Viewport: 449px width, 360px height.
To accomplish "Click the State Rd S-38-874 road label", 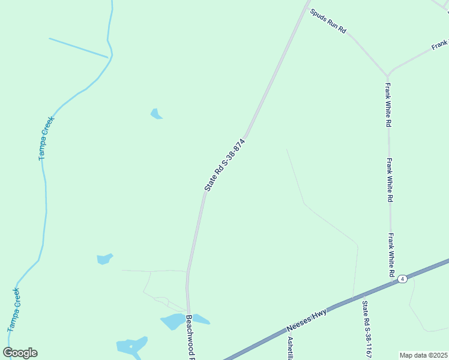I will (x=225, y=165).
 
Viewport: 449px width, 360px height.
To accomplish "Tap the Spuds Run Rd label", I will (x=328, y=21).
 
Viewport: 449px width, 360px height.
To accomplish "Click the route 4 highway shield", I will (x=402, y=279).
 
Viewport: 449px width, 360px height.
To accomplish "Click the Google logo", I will (x=20, y=353).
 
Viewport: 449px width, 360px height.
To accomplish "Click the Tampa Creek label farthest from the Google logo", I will (x=46, y=137).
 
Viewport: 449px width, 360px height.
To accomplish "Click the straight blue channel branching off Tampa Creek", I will (x=78, y=48).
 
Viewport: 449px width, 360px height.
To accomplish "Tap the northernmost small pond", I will (x=156, y=114).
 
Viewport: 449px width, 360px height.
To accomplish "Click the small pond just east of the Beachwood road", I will (x=201, y=319).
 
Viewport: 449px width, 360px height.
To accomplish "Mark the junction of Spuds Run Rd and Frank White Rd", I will (x=388, y=74).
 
